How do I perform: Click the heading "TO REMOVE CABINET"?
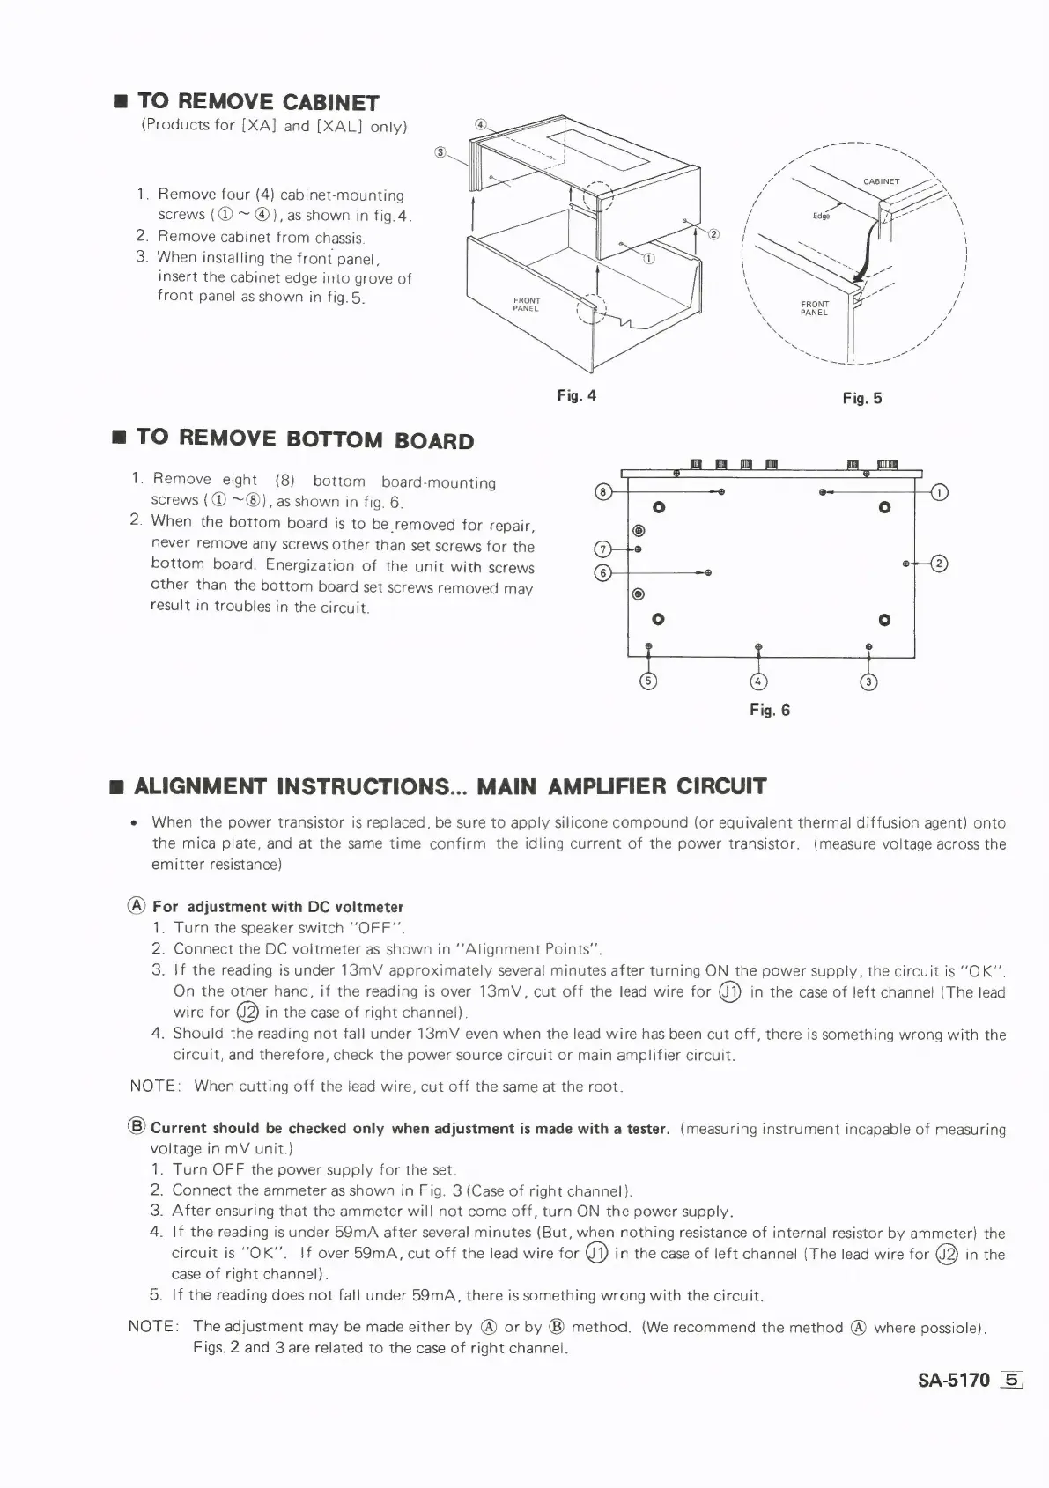(x=258, y=102)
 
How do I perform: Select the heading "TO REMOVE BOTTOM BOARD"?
(x=305, y=438)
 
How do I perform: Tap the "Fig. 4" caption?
(x=576, y=395)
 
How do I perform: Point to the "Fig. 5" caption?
(x=861, y=399)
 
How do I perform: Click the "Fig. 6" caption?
(x=770, y=710)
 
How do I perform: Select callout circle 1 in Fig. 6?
(x=939, y=492)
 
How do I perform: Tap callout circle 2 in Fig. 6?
(x=939, y=564)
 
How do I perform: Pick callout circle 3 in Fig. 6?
(x=868, y=681)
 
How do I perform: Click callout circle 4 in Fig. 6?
(x=758, y=681)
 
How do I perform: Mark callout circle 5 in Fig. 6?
(x=649, y=681)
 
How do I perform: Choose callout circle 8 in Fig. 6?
(x=603, y=491)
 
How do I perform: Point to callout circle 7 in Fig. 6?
(x=603, y=550)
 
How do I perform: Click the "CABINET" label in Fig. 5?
(x=881, y=181)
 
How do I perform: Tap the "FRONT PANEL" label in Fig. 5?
(x=815, y=308)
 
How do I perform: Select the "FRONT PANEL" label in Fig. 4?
(x=526, y=305)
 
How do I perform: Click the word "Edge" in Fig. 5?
(x=821, y=215)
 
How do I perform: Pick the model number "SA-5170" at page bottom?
(x=954, y=1380)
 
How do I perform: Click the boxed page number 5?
(x=1011, y=1380)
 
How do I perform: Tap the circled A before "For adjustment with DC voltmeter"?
(x=137, y=906)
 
